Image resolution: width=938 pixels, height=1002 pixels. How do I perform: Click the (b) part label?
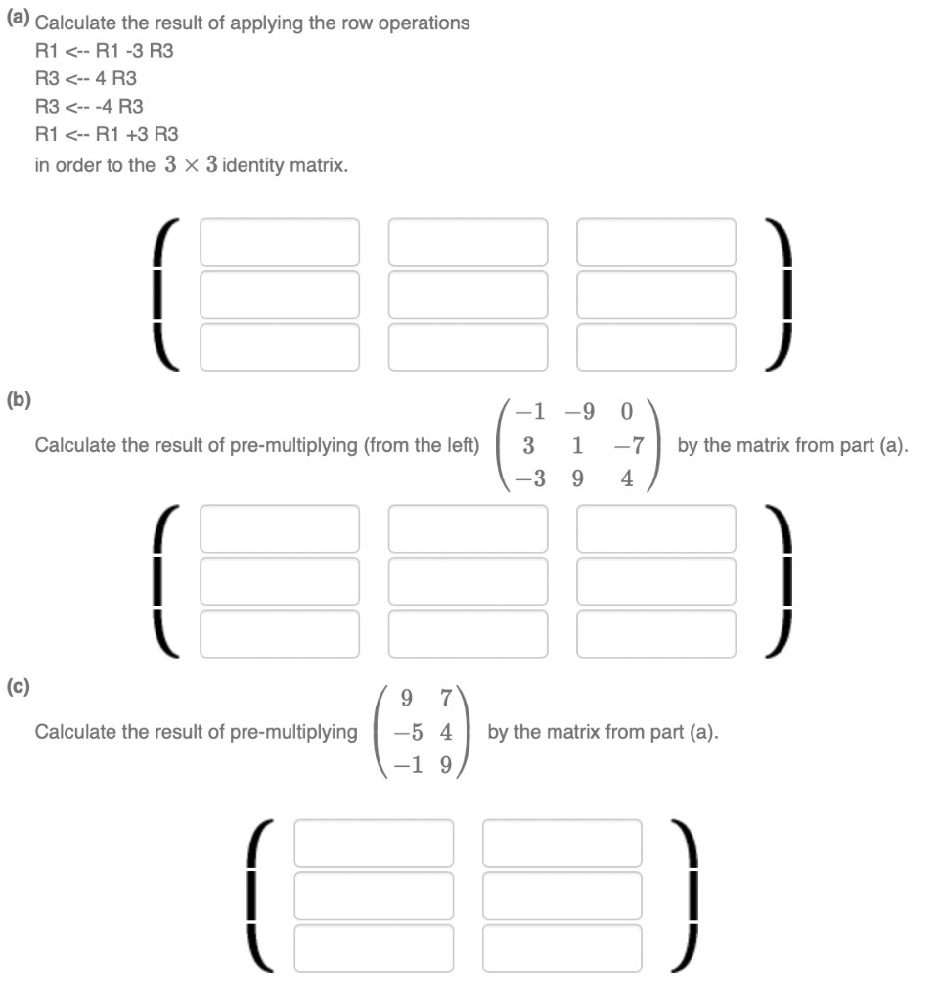tap(19, 399)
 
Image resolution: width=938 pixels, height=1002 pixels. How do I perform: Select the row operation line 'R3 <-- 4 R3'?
tap(86, 78)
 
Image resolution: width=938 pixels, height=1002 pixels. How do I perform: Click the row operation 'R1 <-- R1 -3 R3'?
tap(105, 50)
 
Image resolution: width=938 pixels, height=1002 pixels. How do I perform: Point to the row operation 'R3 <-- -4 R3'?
tap(89, 106)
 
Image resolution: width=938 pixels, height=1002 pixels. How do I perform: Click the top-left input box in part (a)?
tap(280, 243)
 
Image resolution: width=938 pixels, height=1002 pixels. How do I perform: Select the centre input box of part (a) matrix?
tap(468, 295)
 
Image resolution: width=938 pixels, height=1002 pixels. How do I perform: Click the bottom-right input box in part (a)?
tap(655, 346)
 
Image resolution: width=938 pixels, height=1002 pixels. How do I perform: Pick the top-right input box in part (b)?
tap(655, 528)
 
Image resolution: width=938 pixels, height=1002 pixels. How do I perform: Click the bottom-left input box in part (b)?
tap(280, 633)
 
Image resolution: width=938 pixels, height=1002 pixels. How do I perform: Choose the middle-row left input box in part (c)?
tap(374, 894)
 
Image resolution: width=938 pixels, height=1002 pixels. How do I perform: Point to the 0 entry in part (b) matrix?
tap(627, 414)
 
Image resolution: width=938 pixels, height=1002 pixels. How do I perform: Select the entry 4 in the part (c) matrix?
tap(444, 731)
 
